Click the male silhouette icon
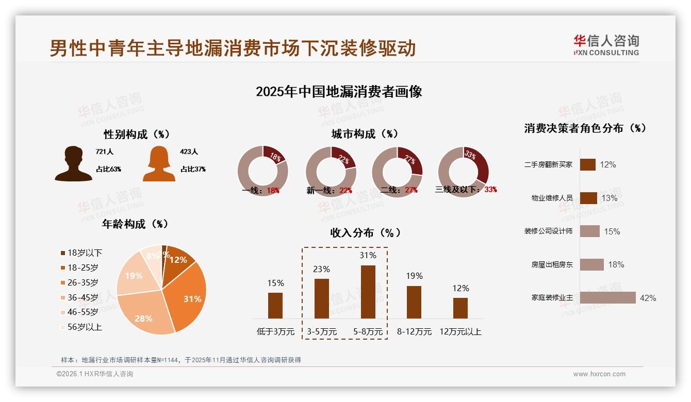[x=74, y=163]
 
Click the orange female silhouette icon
[x=159, y=163]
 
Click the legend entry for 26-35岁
[x=83, y=282]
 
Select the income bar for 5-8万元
[x=368, y=292]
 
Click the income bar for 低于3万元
[x=275, y=305]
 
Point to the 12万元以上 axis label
[x=460, y=331]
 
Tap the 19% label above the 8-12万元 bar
[x=414, y=276]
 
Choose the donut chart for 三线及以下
[x=463, y=172]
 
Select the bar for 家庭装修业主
[x=607, y=298]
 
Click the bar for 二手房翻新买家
[x=588, y=164]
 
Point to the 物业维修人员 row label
[x=552, y=198]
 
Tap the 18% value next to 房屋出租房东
[x=616, y=264]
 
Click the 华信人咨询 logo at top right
[x=606, y=45]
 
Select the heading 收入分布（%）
[x=365, y=232]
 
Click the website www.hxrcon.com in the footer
[x=599, y=374]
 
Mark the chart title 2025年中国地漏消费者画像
[x=339, y=92]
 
